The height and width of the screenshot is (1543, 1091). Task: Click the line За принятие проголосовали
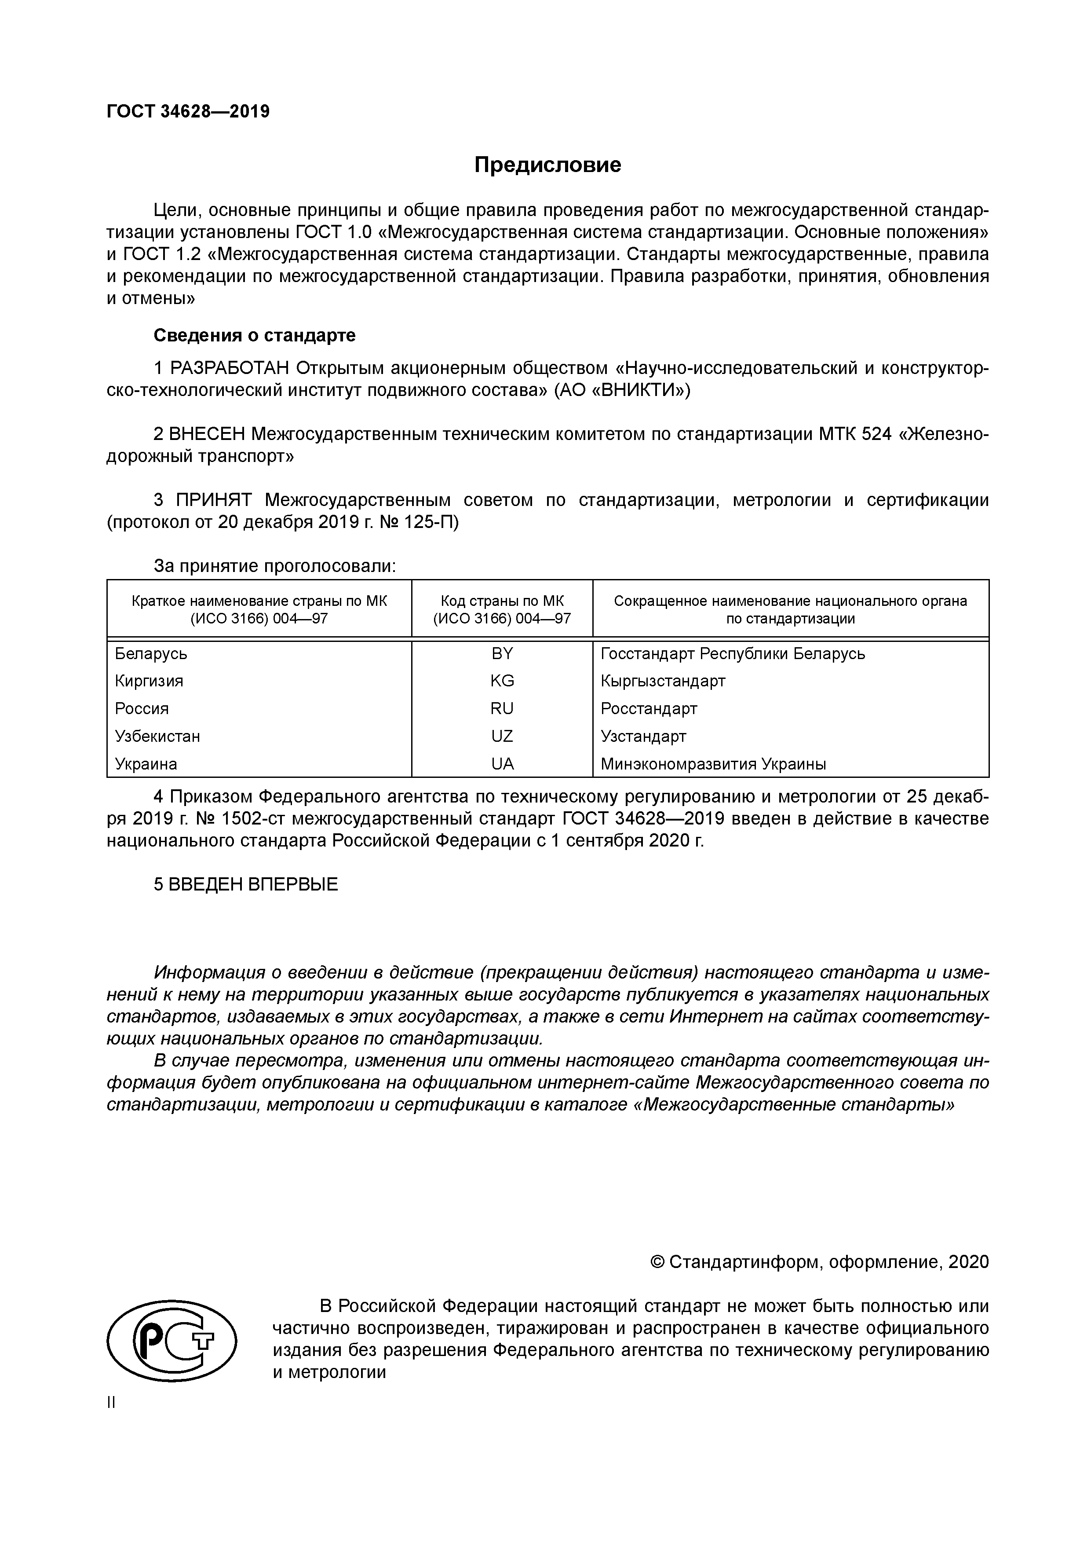275,566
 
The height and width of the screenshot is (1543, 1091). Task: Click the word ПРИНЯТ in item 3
214,500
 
